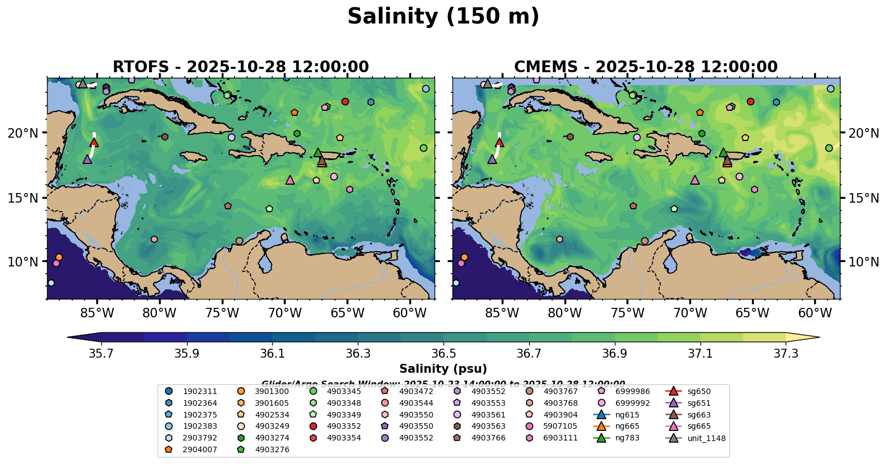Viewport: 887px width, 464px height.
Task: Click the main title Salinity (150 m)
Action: coord(443,16)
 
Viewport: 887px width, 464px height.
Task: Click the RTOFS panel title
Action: coord(241,67)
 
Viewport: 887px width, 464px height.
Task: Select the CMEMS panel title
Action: coord(646,67)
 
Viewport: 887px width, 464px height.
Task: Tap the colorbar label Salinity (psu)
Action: coord(443,369)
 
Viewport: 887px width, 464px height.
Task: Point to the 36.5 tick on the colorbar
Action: coord(444,354)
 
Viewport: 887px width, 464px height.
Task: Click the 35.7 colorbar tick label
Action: coord(102,354)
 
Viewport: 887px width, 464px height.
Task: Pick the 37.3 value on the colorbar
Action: coord(786,354)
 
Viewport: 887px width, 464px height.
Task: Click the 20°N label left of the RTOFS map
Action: coord(23,133)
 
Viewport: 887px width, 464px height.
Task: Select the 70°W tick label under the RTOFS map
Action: coord(284,313)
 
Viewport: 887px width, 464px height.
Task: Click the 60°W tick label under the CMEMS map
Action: coord(815,313)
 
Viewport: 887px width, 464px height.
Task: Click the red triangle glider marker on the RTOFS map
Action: coord(94,142)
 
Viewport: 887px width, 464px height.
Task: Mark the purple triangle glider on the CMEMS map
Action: coord(492,159)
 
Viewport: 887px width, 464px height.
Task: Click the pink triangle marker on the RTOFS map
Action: coord(290,180)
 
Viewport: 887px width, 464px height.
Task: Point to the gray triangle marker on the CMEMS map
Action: coord(487,83)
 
